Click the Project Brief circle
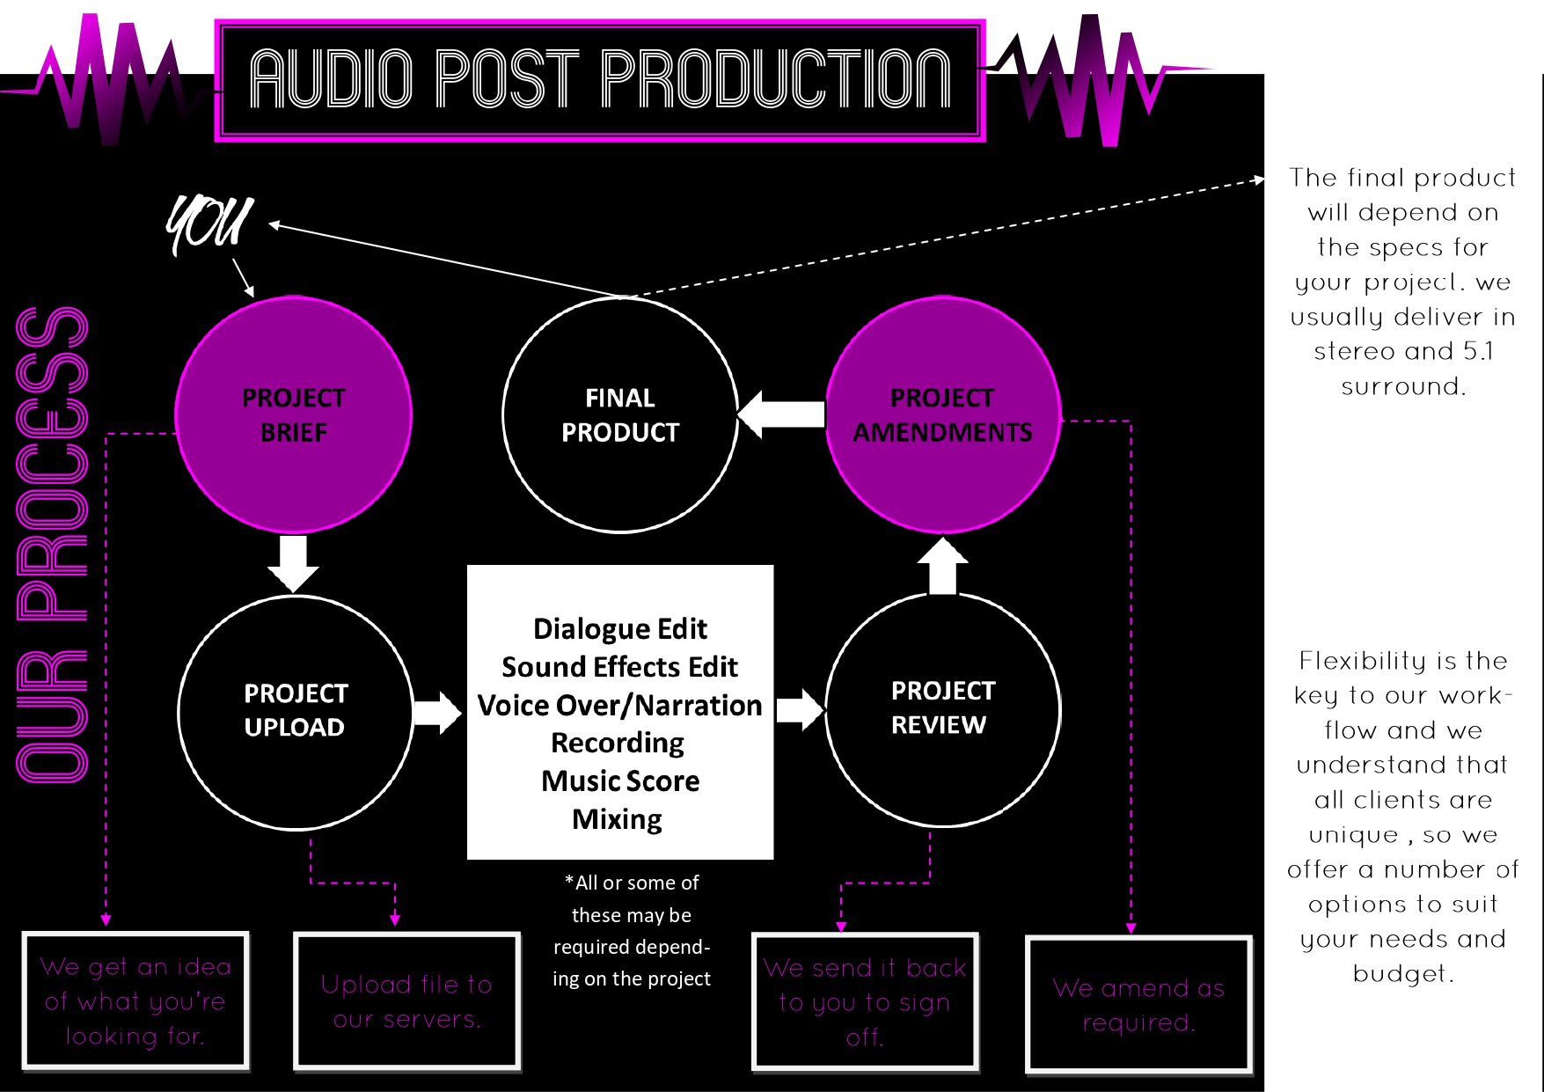tap(294, 414)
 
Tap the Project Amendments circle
tap(943, 414)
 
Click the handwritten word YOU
tap(209, 224)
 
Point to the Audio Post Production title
tap(600, 79)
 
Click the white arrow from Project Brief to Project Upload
tap(293, 563)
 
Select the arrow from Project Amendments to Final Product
tap(781, 414)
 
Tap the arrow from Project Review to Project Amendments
tap(942, 565)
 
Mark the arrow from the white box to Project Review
tap(800, 709)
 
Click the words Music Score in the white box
tap(620, 781)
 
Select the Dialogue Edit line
tap(620, 629)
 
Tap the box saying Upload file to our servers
tap(406, 1001)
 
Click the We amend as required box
tap(1138, 1005)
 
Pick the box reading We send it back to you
tap(865, 1001)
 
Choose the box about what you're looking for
tap(135, 1000)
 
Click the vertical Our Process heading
tap(53, 544)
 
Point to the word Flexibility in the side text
tap(1350, 661)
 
